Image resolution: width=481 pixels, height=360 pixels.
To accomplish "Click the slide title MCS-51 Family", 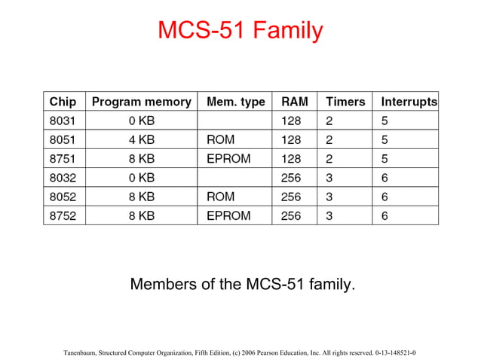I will [240, 31].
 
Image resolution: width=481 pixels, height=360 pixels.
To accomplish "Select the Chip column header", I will [63, 102].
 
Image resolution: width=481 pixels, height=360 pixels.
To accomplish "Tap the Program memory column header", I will [141, 102].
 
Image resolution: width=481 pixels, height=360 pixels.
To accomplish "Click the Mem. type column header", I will [235, 102].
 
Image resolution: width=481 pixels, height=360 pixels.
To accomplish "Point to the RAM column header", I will [294, 102].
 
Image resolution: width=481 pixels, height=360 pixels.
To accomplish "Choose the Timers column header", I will [345, 102].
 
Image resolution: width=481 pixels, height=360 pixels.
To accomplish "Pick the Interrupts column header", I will [409, 102].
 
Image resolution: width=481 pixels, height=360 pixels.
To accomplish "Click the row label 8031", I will [63, 121].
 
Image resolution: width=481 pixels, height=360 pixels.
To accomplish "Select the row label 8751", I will [63, 159].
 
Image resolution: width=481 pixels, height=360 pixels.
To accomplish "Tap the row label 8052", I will [63, 197].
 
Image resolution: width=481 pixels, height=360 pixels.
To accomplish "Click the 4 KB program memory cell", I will [141, 140].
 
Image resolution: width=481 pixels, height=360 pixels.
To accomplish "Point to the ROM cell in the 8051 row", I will [220, 140].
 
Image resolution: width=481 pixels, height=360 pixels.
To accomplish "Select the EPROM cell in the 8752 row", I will [228, 215].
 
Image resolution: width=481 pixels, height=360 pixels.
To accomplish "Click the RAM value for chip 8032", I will [291, 178].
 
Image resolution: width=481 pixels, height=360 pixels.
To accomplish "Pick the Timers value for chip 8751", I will [329, 159].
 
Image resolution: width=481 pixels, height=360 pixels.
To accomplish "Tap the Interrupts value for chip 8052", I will [384, 197].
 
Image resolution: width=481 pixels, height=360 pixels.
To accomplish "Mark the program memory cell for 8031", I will [141, 121].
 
